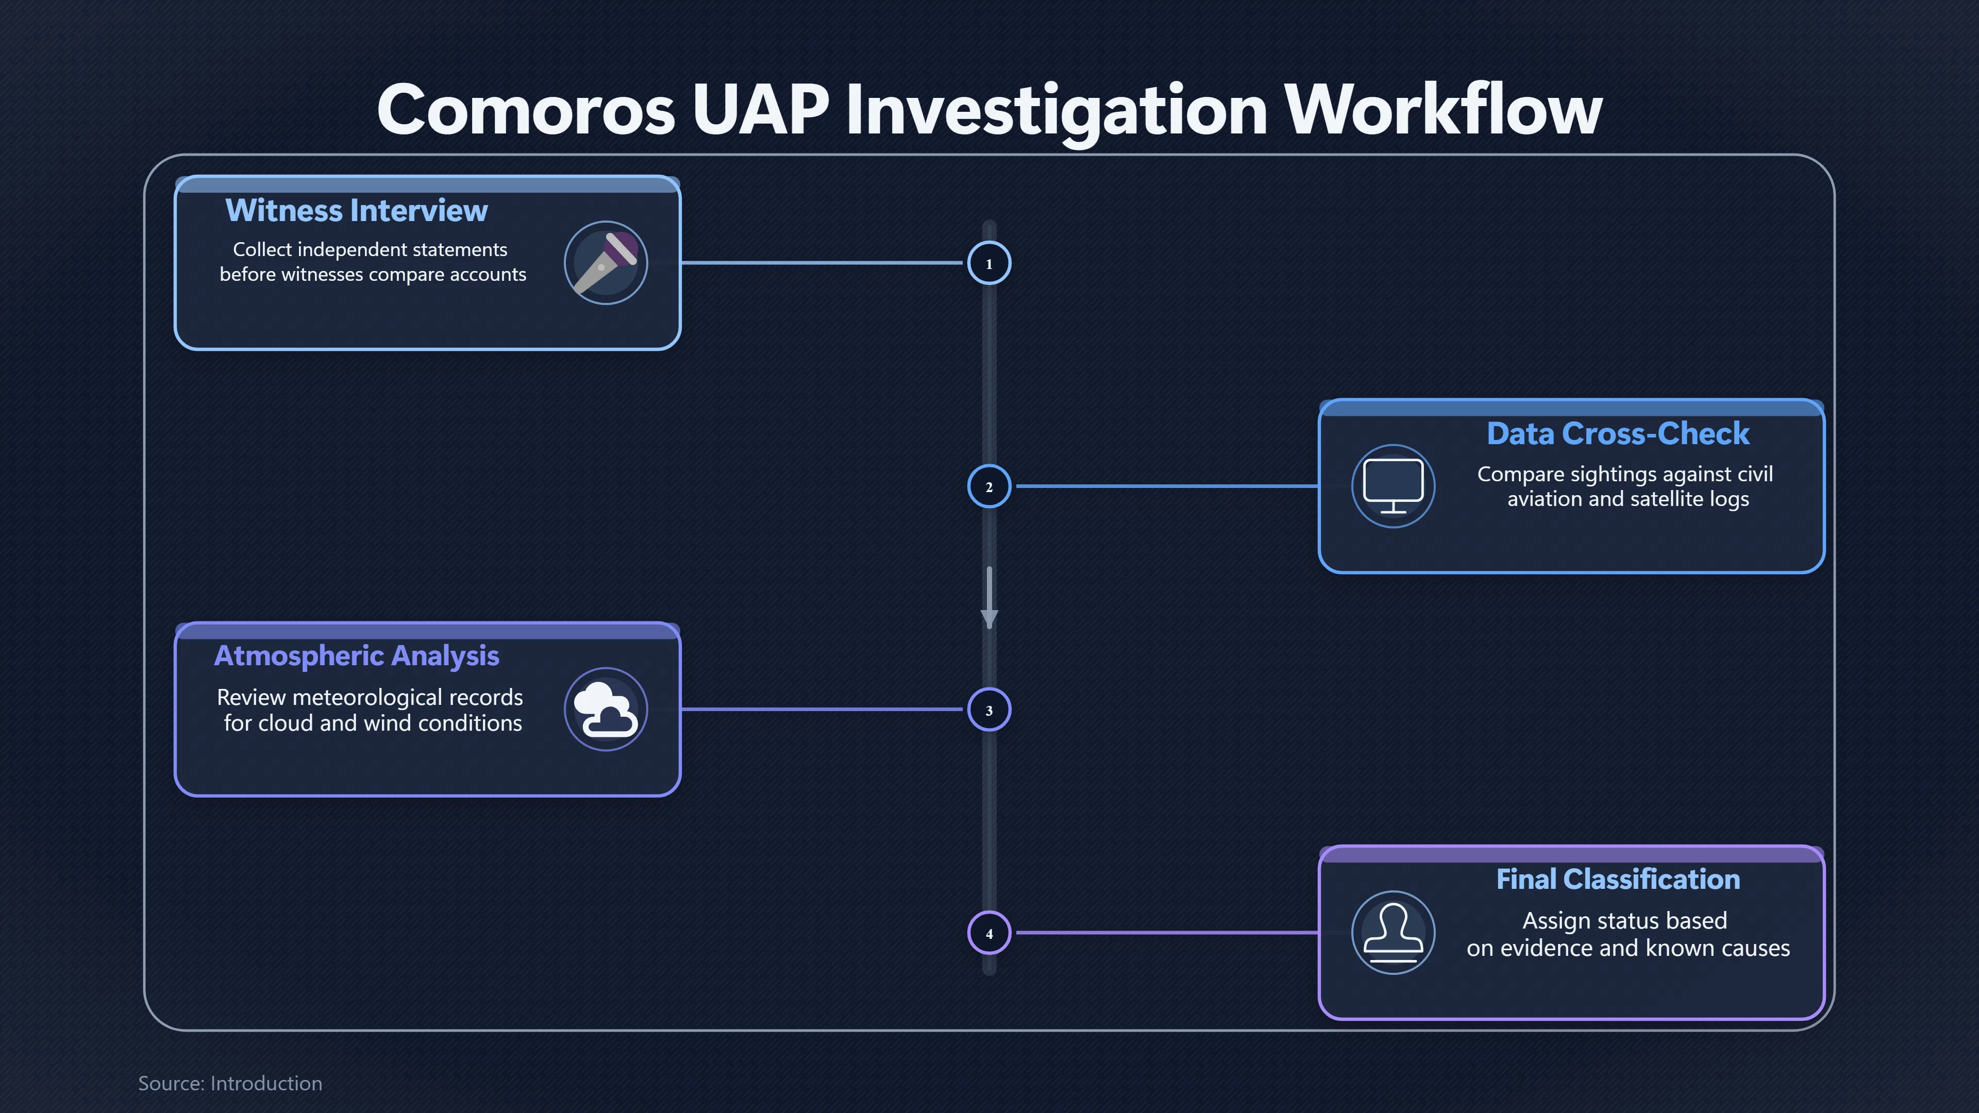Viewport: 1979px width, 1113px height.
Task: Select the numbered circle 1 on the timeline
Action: point(989,263)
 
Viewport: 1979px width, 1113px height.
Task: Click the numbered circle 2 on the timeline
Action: point(989,486)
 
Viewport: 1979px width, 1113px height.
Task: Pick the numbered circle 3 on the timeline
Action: point(989,710)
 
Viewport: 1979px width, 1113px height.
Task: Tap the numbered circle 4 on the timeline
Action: point(989,933)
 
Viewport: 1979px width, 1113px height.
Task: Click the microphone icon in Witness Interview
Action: point(606,263)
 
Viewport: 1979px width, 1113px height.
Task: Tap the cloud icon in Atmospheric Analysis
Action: point(606,710)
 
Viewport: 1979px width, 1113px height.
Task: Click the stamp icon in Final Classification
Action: point(1393,933)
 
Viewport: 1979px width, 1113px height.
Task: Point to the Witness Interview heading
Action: point(357,210)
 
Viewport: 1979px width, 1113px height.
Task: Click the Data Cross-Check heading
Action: point(1618,434)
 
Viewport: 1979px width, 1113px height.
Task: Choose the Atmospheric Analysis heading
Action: point(357,656)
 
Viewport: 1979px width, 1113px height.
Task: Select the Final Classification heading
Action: point(1618,880)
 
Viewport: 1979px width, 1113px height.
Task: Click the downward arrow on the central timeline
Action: point(989,598)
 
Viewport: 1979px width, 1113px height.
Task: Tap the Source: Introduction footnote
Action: point(230,1083)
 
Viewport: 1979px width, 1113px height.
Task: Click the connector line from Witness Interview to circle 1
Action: point(822,263)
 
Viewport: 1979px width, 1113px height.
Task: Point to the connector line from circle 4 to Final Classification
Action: point(1168,933)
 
